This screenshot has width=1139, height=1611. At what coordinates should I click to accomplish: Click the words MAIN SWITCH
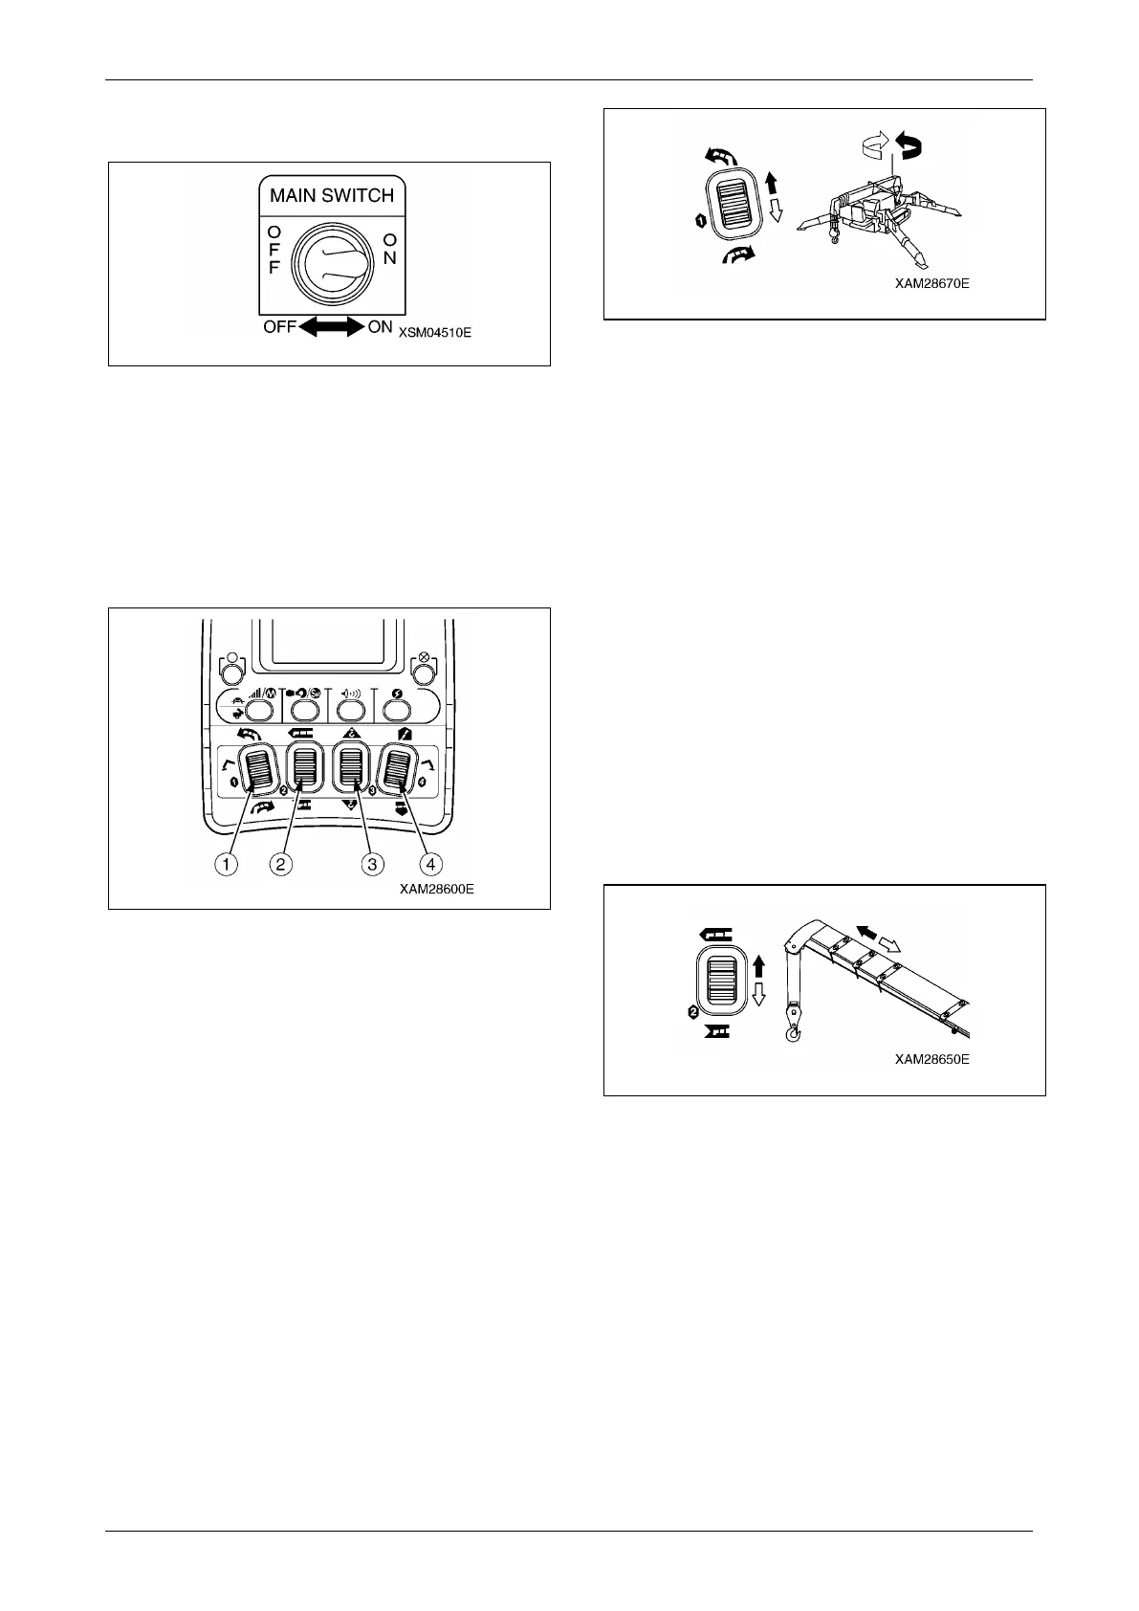[331, 196]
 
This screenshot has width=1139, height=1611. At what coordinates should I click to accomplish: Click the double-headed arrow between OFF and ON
[330, 326]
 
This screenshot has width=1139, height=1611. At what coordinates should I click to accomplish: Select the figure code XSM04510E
[435, 334]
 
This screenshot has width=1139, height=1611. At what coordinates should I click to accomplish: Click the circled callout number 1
[226, 864]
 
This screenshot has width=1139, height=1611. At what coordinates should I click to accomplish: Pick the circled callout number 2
[280, 864]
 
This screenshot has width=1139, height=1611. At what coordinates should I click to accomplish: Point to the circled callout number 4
[430, 864]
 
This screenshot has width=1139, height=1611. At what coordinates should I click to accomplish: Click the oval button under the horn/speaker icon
[350, 709]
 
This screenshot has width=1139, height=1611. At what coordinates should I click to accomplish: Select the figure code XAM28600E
[437, 889]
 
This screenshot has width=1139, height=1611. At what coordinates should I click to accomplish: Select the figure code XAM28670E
[932, 283]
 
